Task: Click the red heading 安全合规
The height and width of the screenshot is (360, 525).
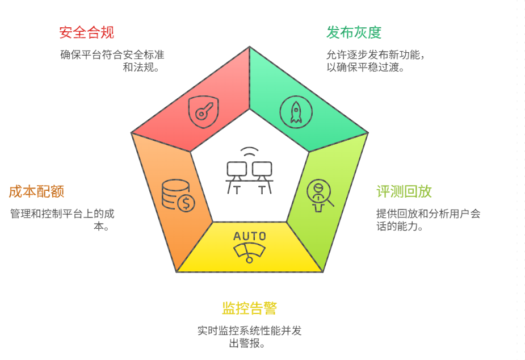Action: (x=86, y=32)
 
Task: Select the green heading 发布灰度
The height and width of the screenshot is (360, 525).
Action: (x=354, y=32)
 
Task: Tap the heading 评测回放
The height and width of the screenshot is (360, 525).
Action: (x=404, y=191)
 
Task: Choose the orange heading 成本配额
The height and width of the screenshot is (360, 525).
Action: (x=36, y=191)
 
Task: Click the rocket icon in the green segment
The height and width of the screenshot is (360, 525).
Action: (x=296, y=111)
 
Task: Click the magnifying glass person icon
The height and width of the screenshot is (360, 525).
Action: (x=320, y=194)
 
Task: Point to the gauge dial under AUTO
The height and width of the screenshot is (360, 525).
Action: (x=250, y=252)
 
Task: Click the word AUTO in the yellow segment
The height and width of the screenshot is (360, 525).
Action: (x=249, y=236)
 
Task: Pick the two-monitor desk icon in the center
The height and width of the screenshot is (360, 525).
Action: (x=249, y=177)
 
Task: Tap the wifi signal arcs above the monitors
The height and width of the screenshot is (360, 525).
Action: (x=249, y=153)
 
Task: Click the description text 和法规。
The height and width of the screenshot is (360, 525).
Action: (x=140, y=68)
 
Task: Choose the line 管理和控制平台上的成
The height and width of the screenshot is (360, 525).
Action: (x=62, y=214)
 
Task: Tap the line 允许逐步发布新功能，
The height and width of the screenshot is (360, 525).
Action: (x=375, y=55)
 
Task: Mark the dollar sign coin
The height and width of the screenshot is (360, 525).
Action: (x=186, y=203)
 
